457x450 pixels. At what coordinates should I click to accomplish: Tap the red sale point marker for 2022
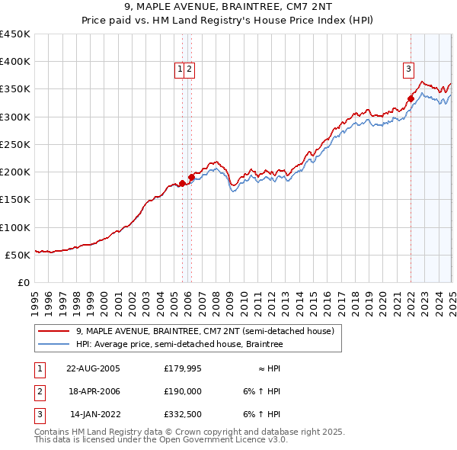click(411, 98)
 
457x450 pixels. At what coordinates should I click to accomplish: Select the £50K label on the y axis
click(18, 255)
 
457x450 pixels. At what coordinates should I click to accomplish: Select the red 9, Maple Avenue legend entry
click(205, 331)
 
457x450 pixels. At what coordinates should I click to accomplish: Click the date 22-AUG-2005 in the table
click(94, 368)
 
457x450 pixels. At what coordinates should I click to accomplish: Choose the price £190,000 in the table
click(182, 391)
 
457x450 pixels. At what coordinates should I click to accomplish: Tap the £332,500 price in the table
click(182, 415)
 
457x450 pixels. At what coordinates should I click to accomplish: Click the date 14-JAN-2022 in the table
click(94, 415)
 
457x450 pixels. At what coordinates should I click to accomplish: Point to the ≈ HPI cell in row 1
click(267, 368)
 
